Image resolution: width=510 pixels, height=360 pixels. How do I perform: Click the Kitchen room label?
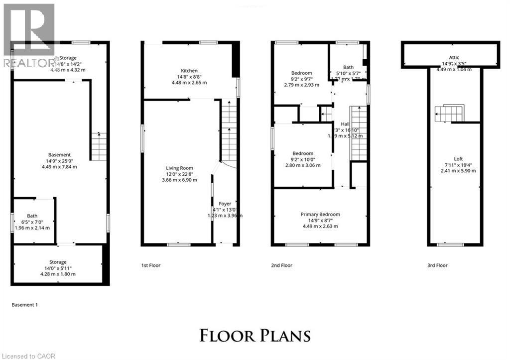pyautogui.click(x=189, y=71)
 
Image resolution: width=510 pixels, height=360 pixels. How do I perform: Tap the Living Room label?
pyautogui.click(x=179, y=168)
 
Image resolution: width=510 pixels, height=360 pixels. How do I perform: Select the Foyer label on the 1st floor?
pyautogui.click(x=225, y=204)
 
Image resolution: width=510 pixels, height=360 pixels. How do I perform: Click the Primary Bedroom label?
pyautogui.click(x=319, y=214)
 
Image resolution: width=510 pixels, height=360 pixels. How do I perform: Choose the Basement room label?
pyautogui.click(x=60, y=155)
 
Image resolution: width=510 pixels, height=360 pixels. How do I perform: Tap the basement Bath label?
pyautogui.click(x=32, y=216)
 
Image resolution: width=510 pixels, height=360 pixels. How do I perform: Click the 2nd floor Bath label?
pyautogui.click(x=348, y=67)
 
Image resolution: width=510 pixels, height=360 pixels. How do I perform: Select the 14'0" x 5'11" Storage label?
pyautogui.click(x=58, y=262)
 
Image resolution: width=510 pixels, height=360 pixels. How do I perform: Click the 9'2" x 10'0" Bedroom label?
pyautogui.click(x=303, y=153)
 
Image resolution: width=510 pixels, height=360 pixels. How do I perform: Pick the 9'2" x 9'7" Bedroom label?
pyautogui.click(x=302, y=73)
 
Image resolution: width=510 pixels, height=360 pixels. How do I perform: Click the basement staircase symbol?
pyautogui.click(x=99, y=146)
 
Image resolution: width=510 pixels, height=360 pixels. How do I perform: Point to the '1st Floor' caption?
pyautogui.click(x=151, y=265)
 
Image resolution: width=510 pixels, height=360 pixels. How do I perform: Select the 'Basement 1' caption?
pyautogui.click(x=24, y=304)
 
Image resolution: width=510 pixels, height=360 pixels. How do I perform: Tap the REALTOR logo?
pyautogui.click(x=27, y=35)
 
